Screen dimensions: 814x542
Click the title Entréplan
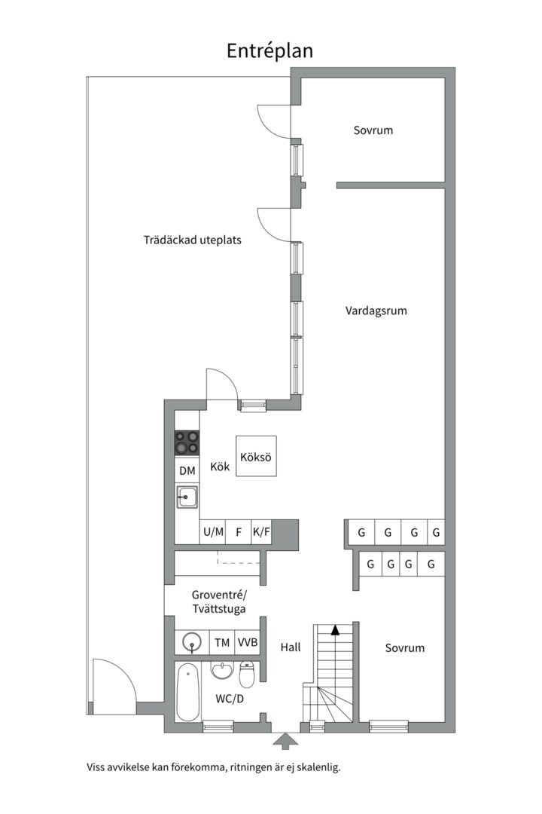269,50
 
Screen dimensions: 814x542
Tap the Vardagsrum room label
376,311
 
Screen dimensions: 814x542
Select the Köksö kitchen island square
256,456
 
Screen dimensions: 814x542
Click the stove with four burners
187,442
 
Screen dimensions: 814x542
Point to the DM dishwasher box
187,471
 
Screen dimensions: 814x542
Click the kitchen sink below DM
187,498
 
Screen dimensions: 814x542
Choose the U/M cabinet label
213,532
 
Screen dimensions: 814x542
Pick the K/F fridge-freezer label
261,532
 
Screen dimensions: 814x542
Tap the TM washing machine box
222,643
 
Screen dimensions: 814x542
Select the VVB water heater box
248,643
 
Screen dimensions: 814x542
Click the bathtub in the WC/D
188,692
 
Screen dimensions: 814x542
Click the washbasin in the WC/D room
222,671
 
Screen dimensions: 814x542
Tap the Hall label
291,647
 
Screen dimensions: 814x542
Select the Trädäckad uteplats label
193,240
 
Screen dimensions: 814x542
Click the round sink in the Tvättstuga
193,643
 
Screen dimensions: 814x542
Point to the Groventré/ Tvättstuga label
218,601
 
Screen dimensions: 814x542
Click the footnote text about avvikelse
214,768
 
